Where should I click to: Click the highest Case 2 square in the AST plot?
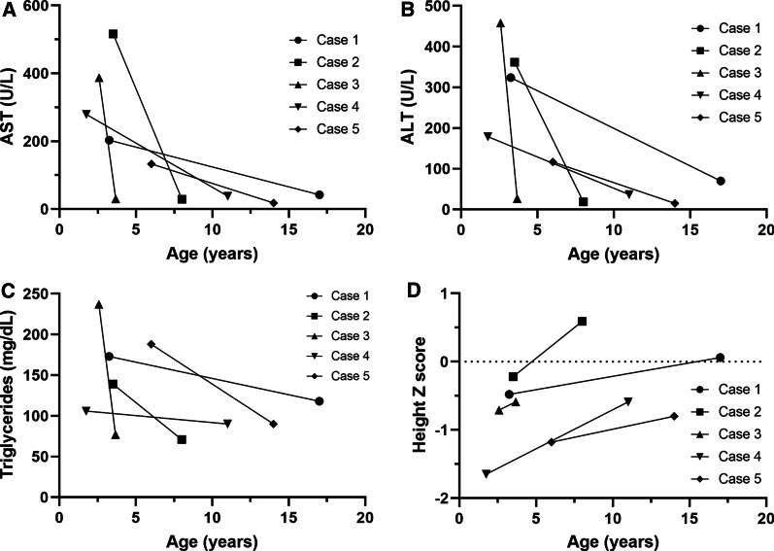coord(114,34)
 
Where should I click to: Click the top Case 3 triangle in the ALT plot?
coord(500,22)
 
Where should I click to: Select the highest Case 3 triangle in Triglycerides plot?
coord(99,304)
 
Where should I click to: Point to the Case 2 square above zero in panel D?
coord(582,321)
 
